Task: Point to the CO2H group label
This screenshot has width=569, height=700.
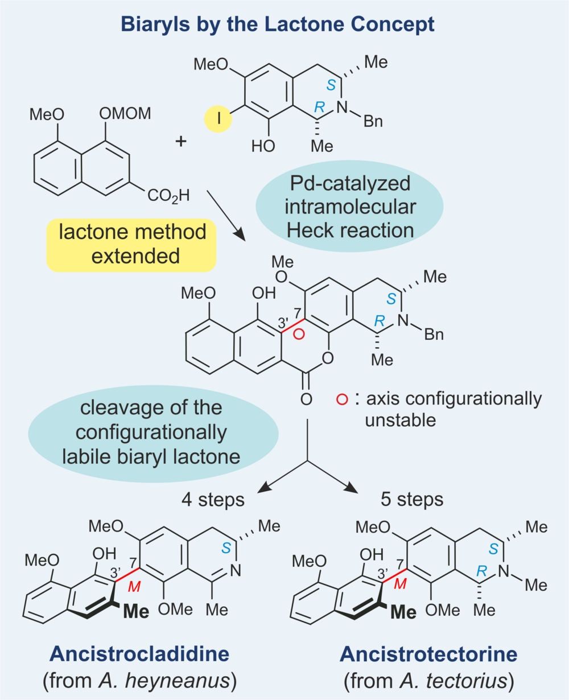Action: point(168,197)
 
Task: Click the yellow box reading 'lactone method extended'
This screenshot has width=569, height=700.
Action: point(131,244)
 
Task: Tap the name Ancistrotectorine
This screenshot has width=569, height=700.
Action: point(428,654)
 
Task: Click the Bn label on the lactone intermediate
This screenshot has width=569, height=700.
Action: point(434,334)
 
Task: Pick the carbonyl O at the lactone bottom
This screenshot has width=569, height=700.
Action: point(306,399)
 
